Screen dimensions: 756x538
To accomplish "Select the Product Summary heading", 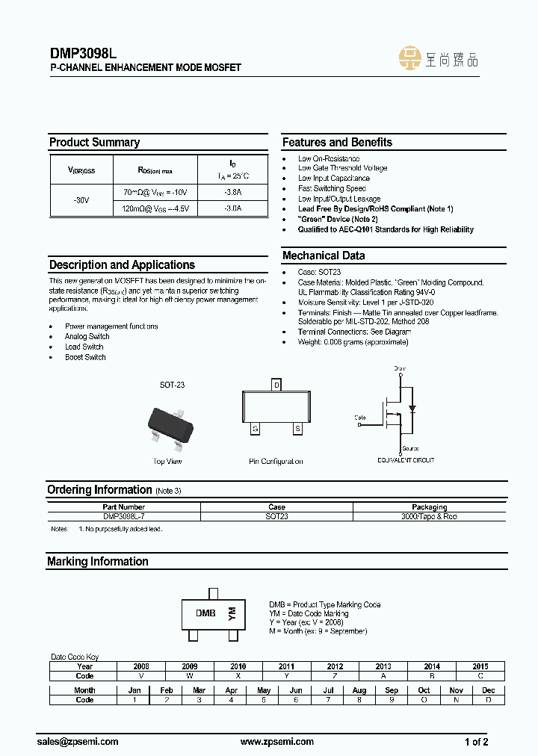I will (94, 142).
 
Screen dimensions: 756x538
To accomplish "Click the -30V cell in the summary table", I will (81, 201).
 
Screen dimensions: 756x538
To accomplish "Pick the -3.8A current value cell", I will (232, 192).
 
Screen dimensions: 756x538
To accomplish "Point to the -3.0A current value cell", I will (232, 209).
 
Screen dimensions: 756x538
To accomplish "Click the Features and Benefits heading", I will (337, 142).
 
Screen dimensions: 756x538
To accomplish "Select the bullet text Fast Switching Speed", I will (332, 189).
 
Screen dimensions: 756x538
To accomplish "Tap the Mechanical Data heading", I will (324, 255).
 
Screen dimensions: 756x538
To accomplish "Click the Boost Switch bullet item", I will (85, 357).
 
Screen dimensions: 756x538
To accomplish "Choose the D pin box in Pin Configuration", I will (276, 385).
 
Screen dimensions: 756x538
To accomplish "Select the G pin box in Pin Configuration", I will (256, 429).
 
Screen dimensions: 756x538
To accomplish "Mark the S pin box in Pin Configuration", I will (297, 429).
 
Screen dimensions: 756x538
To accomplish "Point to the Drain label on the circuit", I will (401, 369).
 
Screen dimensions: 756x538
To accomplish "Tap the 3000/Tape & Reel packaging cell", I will (429, 516).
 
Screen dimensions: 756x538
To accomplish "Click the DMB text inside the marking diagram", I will (205, 613).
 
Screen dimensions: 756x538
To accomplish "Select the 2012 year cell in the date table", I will (335, 666).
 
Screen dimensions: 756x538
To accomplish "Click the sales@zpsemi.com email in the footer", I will (78, 742).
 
